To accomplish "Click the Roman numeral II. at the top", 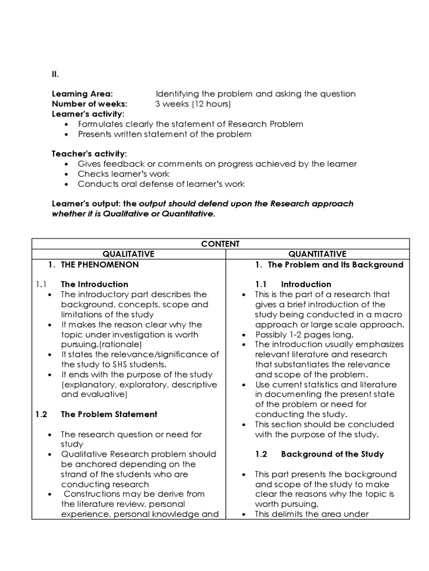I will (x=55, y=73).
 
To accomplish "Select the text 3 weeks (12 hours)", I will (x=193, y=104).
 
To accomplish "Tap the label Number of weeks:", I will (x=89, y=104).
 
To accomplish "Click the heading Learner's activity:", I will (x=88, y=114).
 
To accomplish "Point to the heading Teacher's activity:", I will (x=89, y=153).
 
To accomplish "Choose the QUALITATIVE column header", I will (x=128, y=254).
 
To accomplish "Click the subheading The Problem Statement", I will (x=109, y=414).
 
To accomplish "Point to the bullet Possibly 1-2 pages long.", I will (x=299, y=335).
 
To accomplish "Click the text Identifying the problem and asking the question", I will (x=255, y=94).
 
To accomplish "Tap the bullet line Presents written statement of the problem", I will (x=164, y=134).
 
